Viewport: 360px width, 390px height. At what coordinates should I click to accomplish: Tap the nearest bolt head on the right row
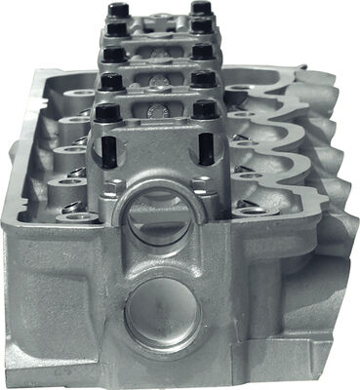205,109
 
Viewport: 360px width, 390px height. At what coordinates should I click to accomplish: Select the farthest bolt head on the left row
119,10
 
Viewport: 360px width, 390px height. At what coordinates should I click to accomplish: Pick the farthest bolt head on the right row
201,8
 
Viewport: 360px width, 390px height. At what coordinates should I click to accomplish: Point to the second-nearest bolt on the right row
204,78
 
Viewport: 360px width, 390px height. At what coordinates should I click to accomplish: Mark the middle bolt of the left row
113,54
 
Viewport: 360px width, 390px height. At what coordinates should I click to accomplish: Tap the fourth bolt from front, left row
116,28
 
